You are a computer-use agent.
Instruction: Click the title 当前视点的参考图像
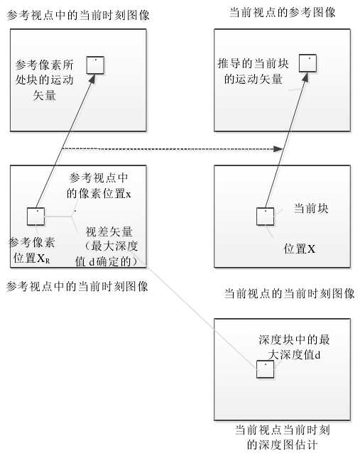pos(283,13)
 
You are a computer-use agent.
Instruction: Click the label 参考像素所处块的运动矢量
pos(45,80)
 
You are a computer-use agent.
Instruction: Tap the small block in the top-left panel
pos(96,65)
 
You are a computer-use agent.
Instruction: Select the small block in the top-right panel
pos(307,62)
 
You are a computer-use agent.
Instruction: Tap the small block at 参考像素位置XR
pos(36,216)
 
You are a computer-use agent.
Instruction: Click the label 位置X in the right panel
pos(299,249)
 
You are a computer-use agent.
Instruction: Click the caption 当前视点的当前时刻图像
pos(289,293)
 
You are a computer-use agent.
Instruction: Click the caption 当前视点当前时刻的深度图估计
pos(283,437)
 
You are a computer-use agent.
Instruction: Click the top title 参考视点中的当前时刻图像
pos(82,15)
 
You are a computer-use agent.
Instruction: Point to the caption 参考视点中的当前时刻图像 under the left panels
pos(77,287)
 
